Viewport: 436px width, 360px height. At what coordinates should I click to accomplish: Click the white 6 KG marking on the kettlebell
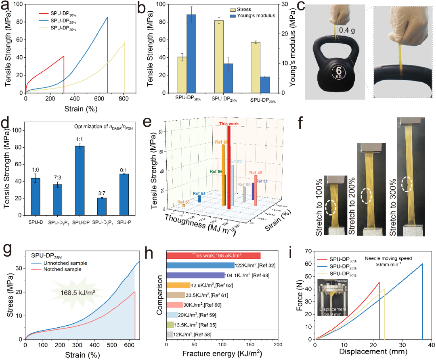pyautogui.click(x=337, y=73)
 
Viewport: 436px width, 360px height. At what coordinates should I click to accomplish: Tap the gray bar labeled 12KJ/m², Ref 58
pyautogui.click(x=170, y=335)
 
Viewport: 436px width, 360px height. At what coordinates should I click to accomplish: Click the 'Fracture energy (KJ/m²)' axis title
pyautogui.click(x=222, y=354)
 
